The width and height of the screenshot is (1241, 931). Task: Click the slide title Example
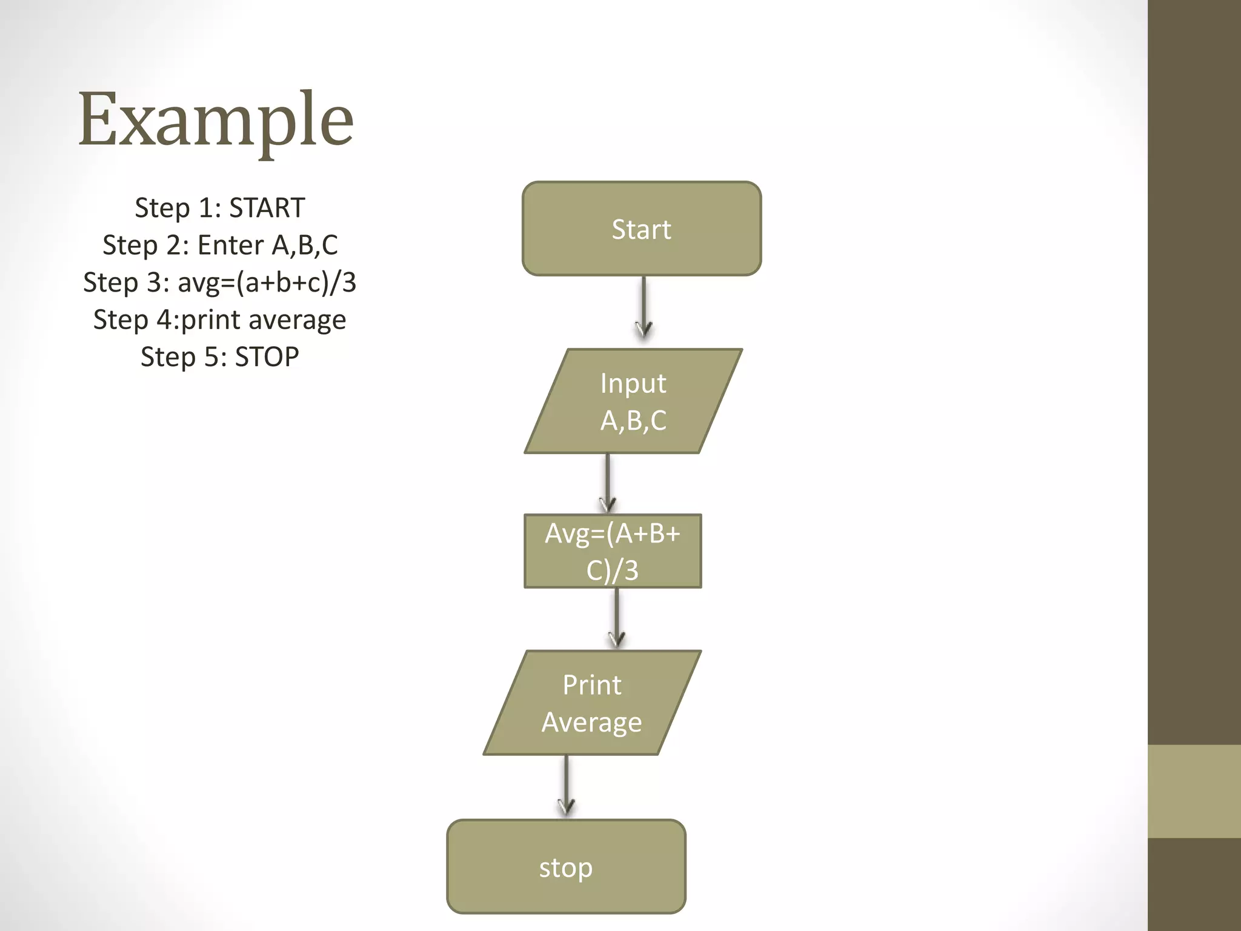(x=216, y=119)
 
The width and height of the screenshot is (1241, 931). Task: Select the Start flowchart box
(x=641, y=229)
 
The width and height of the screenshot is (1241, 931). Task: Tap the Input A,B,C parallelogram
(x=633, y=401)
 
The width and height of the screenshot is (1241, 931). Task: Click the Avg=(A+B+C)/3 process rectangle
(x=612, y=551)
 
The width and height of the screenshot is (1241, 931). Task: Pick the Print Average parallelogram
(x=591, y=702)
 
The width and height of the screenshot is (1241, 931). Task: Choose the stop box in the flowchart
(x=566, y=867)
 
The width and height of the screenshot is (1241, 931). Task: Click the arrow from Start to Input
(x=644, y=306)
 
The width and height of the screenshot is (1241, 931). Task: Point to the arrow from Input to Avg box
(x=607, y=482)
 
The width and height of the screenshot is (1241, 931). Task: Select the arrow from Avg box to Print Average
(x=616, y=617)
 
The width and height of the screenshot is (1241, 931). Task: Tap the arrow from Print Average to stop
(x=566, y=785)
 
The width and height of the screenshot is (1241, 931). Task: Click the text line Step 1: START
(x=219, y=208)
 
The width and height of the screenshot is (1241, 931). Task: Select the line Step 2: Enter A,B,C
(x=219, y=245)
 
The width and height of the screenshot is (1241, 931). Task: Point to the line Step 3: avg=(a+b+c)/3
(x=219, y=282)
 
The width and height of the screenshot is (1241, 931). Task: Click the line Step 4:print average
(x=219, y=319)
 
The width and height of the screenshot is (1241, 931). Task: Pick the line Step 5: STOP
(x=219, y=356)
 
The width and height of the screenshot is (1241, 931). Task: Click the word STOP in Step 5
(x=267, y=356)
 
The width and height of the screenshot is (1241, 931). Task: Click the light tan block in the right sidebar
(x=1194, y=791)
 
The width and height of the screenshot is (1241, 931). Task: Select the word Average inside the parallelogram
(x=591, y=722)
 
